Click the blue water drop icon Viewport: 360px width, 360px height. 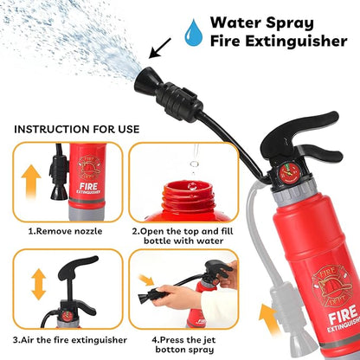(x=194, y=34)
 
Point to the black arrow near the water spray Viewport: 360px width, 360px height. (x=160, y=48)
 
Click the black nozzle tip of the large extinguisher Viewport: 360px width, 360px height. (x=145, y=79)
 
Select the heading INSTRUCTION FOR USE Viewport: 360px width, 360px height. (x=77, y=129)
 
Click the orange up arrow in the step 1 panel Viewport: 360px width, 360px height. (x=31, y=182)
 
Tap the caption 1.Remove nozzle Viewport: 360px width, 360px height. (x=65, y=231)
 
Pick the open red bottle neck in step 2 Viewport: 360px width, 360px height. (x=188, y=196)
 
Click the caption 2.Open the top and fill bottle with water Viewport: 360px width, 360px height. (x=183, y=236)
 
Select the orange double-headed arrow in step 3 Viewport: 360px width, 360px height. (x=38, y=284)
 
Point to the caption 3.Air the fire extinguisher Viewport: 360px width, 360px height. (x=70, y=340)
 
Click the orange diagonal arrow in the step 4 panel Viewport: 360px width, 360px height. (x=146, y=280)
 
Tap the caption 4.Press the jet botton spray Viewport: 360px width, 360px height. (x=184, y=344)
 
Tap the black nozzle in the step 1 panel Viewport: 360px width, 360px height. (x=60, y=179)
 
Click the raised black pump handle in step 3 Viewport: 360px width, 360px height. (x=77, y=268)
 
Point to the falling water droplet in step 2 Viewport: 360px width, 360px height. (x=194, y=164)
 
